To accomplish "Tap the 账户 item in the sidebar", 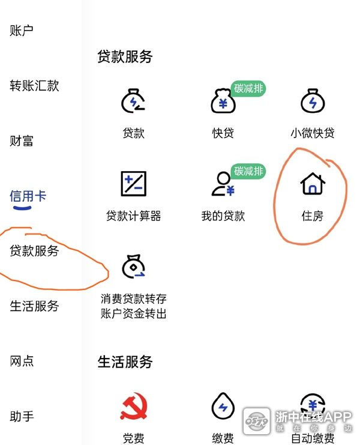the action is point(22,31).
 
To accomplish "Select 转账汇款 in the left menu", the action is point(34,85).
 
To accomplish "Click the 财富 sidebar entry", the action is point(22,141).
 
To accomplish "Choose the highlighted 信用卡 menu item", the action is point(28,196).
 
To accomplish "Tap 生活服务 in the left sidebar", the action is point(34,306).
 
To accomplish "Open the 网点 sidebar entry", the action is point(22,361).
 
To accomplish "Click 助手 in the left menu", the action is point(22,416).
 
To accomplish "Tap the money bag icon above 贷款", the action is point(133,101).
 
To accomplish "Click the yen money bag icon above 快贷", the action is point(223,101).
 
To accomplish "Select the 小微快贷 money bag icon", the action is point(313,101).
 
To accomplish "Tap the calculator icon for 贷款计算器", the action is point(134,184).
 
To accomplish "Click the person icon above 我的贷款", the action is point(223,184).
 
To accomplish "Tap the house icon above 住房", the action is point(313,184).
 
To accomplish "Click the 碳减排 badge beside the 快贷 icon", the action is point(248,88).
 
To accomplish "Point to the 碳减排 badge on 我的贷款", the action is point(248,171).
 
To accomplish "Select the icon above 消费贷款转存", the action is point(133,266).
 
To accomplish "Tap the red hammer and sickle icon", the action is point(134,406).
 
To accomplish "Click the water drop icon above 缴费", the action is point(223,406).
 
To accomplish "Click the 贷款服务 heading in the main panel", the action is point(125,56).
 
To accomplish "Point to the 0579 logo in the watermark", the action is point(257,421).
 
